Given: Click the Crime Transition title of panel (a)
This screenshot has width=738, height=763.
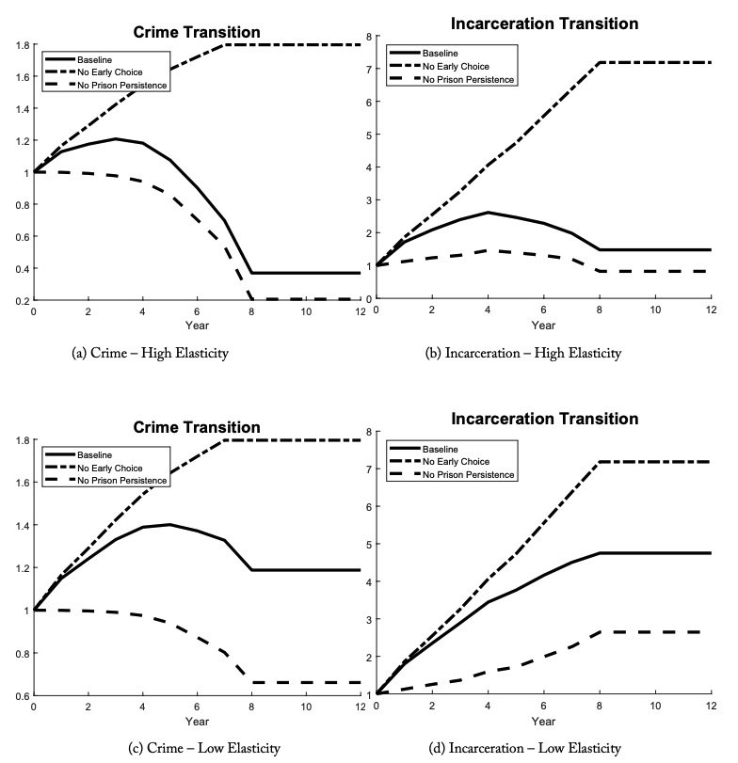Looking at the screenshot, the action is (197, 32).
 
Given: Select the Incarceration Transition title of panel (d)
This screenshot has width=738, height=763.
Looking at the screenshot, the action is (544, 419).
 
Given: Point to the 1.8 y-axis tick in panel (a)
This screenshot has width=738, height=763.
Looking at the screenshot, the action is (23, 45).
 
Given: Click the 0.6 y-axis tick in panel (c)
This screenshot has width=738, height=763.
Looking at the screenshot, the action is (23, 695).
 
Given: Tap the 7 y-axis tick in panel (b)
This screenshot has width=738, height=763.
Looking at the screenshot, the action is (368, 69).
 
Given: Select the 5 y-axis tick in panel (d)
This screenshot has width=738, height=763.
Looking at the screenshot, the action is (368, 544).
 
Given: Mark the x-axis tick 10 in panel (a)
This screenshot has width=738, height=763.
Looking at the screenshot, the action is (306, 311).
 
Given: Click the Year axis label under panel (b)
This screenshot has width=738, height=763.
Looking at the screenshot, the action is (543, 326).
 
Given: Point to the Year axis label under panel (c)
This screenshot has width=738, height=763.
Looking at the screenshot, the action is (197, 722).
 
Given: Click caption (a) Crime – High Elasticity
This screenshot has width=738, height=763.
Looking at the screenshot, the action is (150, 353).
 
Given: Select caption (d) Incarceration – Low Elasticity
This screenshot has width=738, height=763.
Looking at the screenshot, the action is (524, 748).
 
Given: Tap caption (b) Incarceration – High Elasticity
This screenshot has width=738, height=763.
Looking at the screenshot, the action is (523, 353).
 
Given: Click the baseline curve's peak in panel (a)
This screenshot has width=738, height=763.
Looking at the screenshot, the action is (116, 139).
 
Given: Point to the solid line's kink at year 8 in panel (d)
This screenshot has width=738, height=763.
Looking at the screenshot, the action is (600, 553).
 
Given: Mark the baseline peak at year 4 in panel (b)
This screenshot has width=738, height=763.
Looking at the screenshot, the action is (488, 213).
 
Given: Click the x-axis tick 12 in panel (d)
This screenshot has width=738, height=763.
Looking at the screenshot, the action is (712, 706).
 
